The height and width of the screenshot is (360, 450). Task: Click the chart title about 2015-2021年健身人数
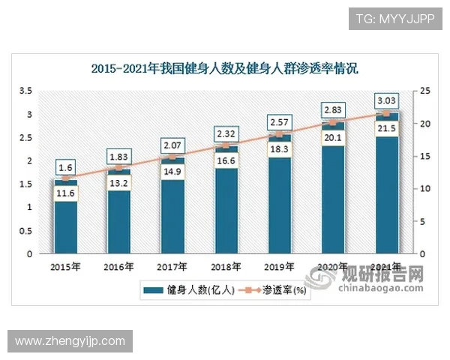225,69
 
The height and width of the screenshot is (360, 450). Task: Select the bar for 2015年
65,225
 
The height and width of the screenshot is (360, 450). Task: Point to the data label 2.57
279,121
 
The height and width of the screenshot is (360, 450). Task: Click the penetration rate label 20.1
333,136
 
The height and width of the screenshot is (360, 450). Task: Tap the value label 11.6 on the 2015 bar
65,194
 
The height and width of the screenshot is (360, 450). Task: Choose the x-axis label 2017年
172,266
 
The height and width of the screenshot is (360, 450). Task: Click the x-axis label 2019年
279,266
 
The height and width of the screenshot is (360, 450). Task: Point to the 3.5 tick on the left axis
25,91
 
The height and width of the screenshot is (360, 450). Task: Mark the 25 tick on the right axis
425,91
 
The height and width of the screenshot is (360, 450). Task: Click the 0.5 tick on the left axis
25,230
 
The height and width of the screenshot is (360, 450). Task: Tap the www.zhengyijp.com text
70,341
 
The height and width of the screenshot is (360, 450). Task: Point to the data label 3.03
386,100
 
